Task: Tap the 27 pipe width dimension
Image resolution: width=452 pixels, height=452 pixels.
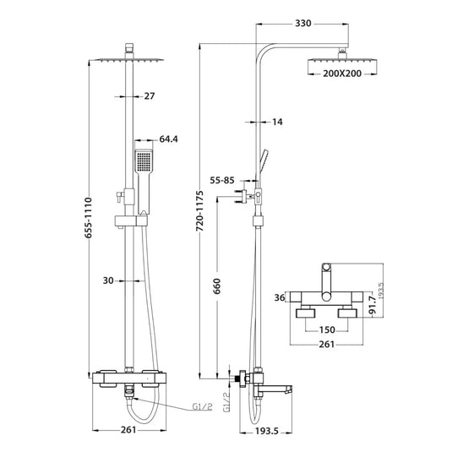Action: tap(150, 96)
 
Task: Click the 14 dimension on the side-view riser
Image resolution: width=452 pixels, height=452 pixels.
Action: tap(279, 123)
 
